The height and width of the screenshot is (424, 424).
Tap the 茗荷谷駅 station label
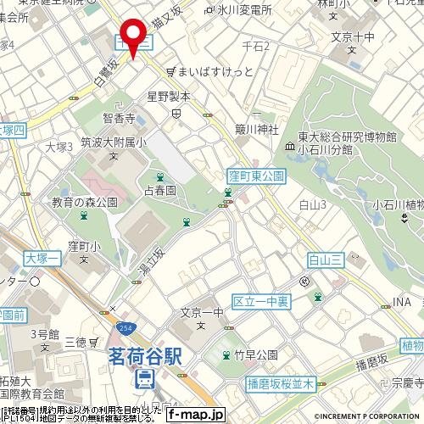147,356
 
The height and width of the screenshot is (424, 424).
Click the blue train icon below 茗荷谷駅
147,377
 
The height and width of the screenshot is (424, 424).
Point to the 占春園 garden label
160,192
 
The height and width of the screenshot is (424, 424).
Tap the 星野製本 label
170,96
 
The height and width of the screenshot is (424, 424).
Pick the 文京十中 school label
352,36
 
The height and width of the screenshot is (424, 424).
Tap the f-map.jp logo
194,415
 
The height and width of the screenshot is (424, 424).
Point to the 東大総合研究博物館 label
347,136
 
